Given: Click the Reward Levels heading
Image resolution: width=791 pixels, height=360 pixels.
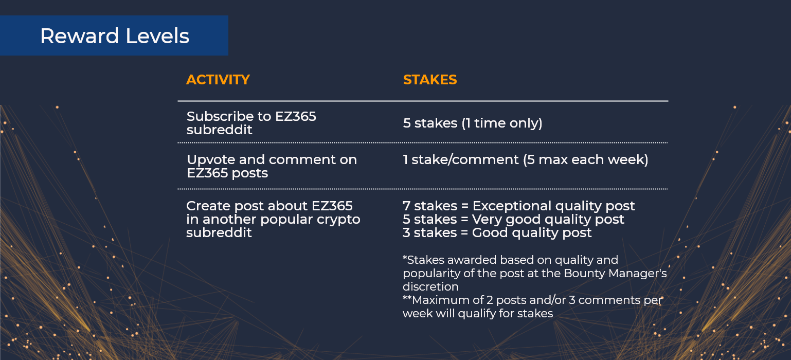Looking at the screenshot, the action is pyautogui.click(x=114, y=36).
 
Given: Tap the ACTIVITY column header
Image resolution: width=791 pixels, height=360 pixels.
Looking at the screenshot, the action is pyautogui.click(x=218, y=80).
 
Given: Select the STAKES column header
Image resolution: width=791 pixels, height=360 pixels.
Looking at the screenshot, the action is pyautogui.click(x=430, y=80).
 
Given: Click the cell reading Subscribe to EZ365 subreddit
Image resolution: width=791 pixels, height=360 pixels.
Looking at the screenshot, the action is pyautogui.click(x=251, y=123).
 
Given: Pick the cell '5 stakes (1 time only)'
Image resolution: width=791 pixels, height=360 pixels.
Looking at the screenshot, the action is pyautogui.click(x=473, y=123).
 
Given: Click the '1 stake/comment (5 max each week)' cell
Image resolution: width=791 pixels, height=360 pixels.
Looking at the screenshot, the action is pyautogui.click(x=526, y=159).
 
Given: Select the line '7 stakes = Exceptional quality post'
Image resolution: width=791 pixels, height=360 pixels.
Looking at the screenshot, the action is pyautogui.click(x=519, y=206).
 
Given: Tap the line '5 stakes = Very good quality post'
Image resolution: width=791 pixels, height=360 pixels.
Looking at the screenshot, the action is pyautogui.click(x=513, y=219).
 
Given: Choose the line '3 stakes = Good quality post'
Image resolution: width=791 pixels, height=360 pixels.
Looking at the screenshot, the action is pyautogui.click(x=497, y=232).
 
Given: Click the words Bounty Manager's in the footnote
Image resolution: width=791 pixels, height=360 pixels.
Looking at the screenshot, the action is pyautogui.click(x=615, y=274).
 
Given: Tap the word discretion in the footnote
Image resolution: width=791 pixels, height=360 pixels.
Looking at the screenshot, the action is pyautogui.click(x=430, y=286).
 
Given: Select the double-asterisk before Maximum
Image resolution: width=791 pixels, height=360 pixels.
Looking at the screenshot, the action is pyautogui.click(x=407, y=298).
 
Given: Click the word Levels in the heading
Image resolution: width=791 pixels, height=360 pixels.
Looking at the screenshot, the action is pyautogui.click(x=157, y=36).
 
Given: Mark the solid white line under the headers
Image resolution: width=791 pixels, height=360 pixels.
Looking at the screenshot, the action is pyautogui.click(x=423, y=101).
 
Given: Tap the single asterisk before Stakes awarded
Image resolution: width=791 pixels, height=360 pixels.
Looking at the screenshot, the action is pyautogui.click(x=405, y=258).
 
